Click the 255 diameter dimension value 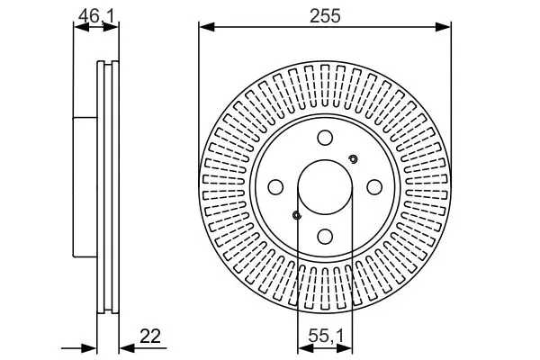(x=325, y=16)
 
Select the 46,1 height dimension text (x=96, y=16)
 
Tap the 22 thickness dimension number (x=150, y=337)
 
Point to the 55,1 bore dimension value (x=326, y=337)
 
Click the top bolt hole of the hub (x=325, y=138)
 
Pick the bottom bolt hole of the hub (x=325, y=237)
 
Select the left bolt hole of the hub (x=275, y=187)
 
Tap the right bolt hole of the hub (x=374, y=187)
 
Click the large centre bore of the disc (x=325, y=187)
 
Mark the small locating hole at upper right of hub (x=353, y=159)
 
